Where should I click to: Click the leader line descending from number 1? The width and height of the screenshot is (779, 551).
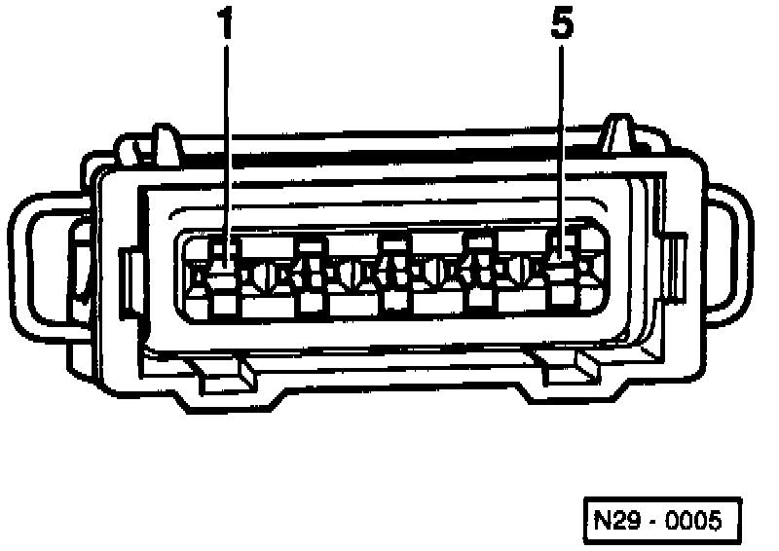226,146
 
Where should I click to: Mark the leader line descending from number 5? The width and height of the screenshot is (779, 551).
562,146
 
